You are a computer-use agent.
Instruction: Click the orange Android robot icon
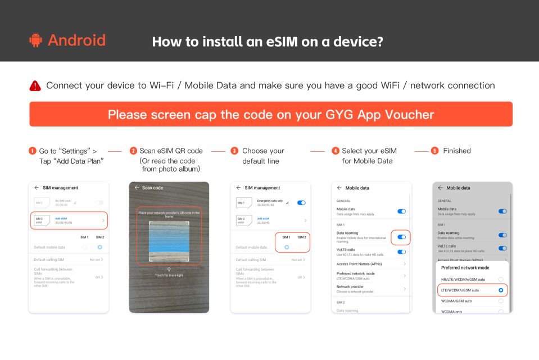pos(35,41)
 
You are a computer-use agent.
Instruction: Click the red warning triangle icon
pos(35,86)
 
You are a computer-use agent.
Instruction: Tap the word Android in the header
pos(76,40)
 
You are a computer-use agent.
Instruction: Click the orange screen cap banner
pos(270,114)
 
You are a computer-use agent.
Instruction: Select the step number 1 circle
pos(32,151)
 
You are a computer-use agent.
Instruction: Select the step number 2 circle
pos(133,151)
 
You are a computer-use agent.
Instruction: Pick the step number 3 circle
pos(234,151)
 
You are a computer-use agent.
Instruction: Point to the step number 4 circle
pos(336,151)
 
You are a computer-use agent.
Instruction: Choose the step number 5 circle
pos(434,151)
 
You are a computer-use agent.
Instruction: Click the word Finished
pos(456,151)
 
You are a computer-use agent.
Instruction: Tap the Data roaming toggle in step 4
pos(401,237)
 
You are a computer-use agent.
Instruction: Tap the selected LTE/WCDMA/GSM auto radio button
pos(500,290)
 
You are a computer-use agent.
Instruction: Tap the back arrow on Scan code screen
pos(135,188)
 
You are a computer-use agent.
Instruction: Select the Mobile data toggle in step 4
pos(401,211)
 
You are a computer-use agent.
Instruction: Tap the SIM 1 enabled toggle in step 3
pos(301,202)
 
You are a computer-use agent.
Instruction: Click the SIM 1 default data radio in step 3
pos(287,247)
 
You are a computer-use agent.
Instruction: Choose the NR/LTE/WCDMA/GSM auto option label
pos(463,279)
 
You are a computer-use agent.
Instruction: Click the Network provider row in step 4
pos(371,289)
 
